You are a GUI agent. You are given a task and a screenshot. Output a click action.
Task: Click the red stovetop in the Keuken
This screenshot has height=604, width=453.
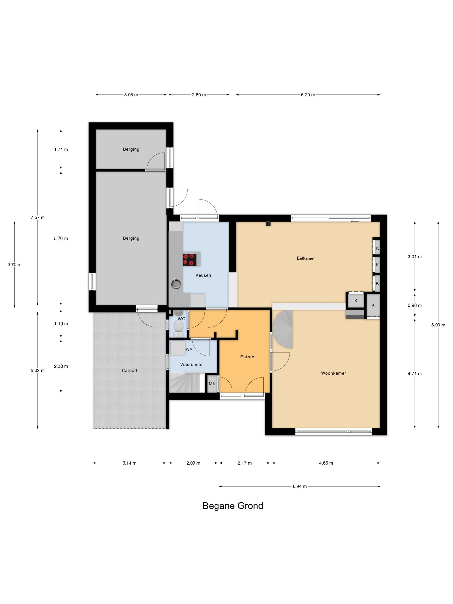tap(189, 260)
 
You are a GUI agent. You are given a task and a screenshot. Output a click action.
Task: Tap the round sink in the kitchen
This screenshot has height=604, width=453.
tap(176, 284)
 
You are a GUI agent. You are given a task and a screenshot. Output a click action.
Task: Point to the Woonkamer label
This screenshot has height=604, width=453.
tap(333, 373)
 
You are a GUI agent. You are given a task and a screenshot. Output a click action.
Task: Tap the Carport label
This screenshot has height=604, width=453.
tap(129, 370)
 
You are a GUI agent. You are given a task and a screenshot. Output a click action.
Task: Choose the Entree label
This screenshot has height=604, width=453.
tap(247, 357)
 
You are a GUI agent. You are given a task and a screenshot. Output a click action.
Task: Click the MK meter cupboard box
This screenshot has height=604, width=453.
tap(212, 384)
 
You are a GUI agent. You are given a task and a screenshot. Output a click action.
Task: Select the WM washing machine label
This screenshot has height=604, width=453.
tap(189, 349)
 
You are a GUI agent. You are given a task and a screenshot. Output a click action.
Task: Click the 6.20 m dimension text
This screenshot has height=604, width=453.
tap(308, 95)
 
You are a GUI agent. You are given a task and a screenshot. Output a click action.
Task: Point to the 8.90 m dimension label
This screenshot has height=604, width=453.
tap(438, 325)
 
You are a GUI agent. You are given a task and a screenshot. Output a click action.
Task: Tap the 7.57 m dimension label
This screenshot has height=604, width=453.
tap(38, 217)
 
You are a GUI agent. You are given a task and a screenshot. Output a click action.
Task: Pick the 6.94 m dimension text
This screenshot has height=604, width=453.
tap(300, 486)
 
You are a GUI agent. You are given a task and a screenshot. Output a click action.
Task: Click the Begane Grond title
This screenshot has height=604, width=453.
tap(233, 506)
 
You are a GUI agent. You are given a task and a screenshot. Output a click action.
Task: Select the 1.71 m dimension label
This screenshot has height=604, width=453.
tap(61, 149)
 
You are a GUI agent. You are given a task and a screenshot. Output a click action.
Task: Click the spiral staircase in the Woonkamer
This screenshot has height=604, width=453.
tap(283, 329)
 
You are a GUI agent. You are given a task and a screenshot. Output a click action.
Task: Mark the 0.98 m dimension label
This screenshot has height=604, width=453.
tap(415, 305)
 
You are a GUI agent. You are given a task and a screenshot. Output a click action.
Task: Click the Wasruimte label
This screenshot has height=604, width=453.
tap(191, 364)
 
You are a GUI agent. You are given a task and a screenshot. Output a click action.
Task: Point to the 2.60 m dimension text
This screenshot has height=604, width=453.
tap(199, 95)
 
